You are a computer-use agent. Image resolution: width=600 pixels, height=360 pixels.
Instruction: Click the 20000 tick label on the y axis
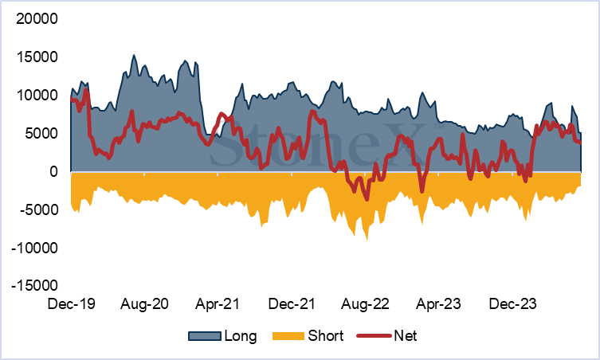(x=37, y=19)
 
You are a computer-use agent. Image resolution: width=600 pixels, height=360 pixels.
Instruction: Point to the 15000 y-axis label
(x=37, y=57)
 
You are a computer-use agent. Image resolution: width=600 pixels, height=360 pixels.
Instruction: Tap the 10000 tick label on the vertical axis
(x=37, y=96)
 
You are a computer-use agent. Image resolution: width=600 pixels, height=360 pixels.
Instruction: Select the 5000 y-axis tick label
(x=41, y=134)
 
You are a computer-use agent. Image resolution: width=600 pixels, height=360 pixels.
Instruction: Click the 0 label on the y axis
(x=53, y=172)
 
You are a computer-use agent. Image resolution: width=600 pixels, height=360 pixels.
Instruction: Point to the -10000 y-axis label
(x=34, y=248)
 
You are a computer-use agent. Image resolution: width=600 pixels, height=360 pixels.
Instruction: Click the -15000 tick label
(x=34, y=285)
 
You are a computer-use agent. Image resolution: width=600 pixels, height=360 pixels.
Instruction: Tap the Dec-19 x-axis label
(x=71, y=304)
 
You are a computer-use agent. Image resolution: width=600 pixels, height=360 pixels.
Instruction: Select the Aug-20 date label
(x=144, y=304)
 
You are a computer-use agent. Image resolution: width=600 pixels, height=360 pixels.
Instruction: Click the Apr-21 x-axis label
(x=218, y=304)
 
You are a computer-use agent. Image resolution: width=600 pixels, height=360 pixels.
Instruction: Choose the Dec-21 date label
(x=292, y=304)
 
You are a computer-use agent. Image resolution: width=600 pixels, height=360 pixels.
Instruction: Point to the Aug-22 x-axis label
(x=365, y=304)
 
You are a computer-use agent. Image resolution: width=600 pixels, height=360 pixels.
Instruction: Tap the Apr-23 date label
(x=438, y=304)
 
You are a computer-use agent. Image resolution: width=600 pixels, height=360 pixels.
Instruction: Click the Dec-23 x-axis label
(x=513, y=304)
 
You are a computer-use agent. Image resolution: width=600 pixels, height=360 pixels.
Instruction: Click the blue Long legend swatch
(x=205, y=336)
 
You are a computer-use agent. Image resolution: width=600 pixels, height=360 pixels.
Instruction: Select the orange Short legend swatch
(x=288, y=336)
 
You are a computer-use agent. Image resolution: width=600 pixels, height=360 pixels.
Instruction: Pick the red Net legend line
(x=374, y=336)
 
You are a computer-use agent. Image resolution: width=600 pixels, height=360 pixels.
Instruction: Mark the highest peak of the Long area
(x=134, y=55)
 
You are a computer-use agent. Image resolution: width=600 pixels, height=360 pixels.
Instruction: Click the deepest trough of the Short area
(x=367, y=240)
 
